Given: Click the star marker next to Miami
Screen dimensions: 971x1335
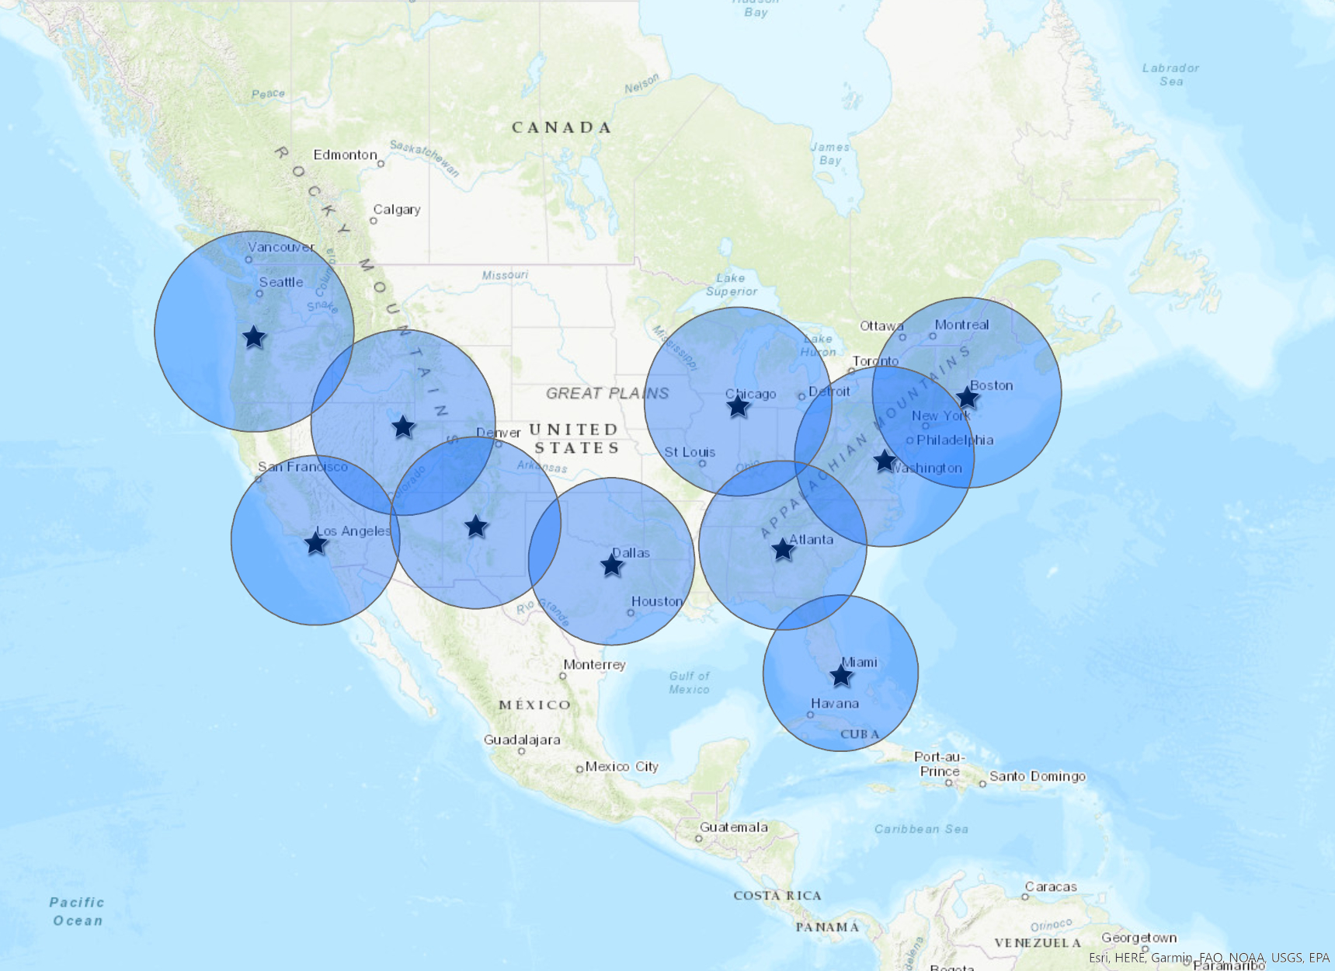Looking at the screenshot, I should point(841,675).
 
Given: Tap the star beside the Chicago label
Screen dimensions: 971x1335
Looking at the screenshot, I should point(738,405).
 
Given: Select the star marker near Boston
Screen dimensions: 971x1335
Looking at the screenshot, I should point(967,398).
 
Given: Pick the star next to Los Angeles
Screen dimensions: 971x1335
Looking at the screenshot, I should point(315,543).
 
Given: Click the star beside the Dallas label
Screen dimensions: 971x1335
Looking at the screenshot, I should point(612,565).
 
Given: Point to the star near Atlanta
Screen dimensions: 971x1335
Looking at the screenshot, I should point(783,550).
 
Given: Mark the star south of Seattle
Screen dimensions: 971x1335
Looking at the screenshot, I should point(254,337).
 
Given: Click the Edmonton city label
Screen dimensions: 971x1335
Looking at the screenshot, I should point(345,155).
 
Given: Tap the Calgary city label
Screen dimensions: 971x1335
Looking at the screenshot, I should point(397,210).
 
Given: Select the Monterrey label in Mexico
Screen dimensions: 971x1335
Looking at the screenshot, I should point(594,664).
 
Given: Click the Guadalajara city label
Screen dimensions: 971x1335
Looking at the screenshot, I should point(522,740).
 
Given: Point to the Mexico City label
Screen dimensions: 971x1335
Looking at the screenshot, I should point(621,767).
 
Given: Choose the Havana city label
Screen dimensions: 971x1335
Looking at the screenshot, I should point(835,703).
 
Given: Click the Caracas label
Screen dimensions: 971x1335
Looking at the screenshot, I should point(1051,886).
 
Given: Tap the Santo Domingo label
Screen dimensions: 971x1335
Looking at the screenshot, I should point(1037,776).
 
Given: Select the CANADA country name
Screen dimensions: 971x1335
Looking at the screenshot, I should point(561,127).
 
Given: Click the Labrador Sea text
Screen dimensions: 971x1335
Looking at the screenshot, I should point(1170,75).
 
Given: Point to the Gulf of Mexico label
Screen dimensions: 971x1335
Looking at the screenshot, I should point(689,682).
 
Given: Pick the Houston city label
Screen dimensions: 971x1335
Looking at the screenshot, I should point(657,601).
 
